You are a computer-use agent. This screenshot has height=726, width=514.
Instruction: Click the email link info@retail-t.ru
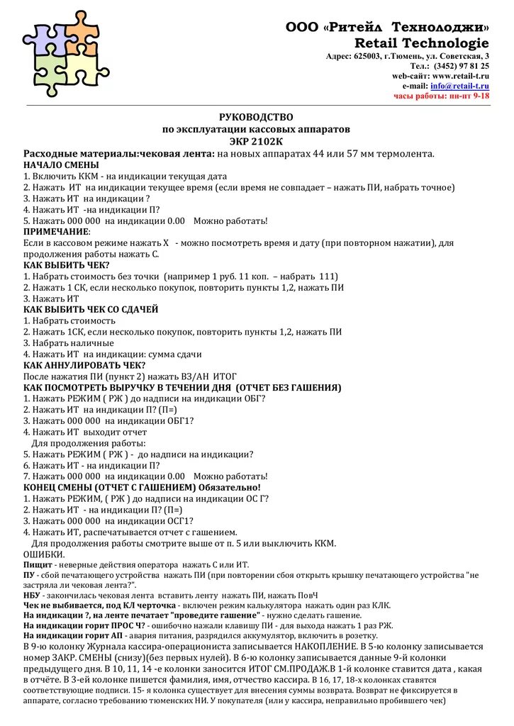pyautogui.click(x=459, y=85)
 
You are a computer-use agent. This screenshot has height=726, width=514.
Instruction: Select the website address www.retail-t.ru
pyautogui.click(x=460, y=75)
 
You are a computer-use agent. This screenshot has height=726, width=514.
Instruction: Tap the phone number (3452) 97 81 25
pyautogui.click(x=464, y=65)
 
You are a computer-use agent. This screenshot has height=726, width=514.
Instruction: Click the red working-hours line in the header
pyautogui.click(x=442, y=95)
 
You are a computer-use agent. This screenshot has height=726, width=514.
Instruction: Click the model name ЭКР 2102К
pyautogui.click(x=256, y=141)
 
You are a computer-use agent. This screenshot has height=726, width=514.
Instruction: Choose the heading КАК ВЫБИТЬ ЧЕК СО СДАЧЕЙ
pyautogui.click(x=91, y=309)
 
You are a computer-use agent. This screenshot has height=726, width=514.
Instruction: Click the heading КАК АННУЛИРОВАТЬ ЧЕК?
pyautogui.click(x=79, y=364)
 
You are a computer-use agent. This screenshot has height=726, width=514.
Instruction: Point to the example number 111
pyautogui.click(x=328, y=276)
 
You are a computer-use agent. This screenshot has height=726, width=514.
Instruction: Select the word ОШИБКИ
pyautogui.click(x=44, y=554)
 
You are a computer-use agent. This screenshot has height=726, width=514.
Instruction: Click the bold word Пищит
pyautogui.click(x=37, y=564)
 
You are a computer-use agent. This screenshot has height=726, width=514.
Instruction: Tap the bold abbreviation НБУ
pyautogui.click(x=33, y=596)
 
